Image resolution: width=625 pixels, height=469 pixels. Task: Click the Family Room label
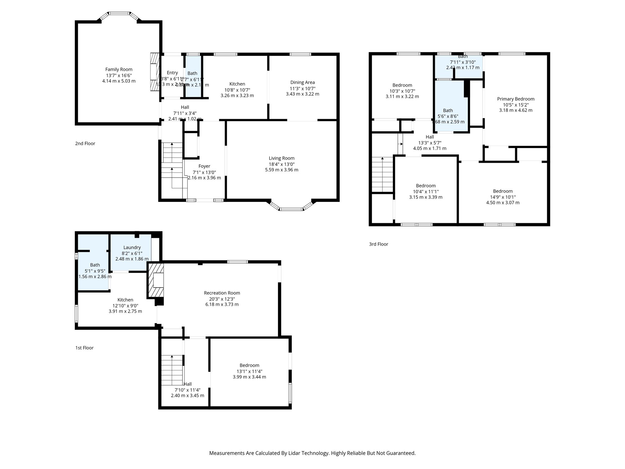(119, 70)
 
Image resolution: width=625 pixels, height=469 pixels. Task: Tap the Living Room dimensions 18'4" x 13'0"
(281, 164)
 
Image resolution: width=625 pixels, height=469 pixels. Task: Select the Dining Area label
(302, 82)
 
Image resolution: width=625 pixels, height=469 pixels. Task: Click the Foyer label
(204, 166)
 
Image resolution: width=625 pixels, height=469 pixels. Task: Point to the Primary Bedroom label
(515, 99)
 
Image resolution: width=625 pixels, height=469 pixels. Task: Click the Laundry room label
(132, 248)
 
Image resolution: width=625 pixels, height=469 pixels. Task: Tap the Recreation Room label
(222, 293)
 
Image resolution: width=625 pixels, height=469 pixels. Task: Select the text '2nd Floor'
(85, 144)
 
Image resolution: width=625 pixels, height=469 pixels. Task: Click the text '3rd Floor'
(378, 244)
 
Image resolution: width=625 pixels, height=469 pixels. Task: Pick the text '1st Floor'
(84, 348)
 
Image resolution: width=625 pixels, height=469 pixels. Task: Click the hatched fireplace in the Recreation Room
(156, 281)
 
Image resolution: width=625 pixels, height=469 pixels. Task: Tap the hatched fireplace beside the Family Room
(155, 72)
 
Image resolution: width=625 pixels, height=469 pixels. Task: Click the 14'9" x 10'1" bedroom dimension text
(503, 197)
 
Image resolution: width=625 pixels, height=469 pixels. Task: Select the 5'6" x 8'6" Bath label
(448, 111)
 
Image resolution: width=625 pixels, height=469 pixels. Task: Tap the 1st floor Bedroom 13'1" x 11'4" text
(249, 371)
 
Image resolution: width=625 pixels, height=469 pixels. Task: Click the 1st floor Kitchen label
(125, 300)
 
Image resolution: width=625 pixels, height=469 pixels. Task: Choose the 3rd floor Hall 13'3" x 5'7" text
(429, 143)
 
